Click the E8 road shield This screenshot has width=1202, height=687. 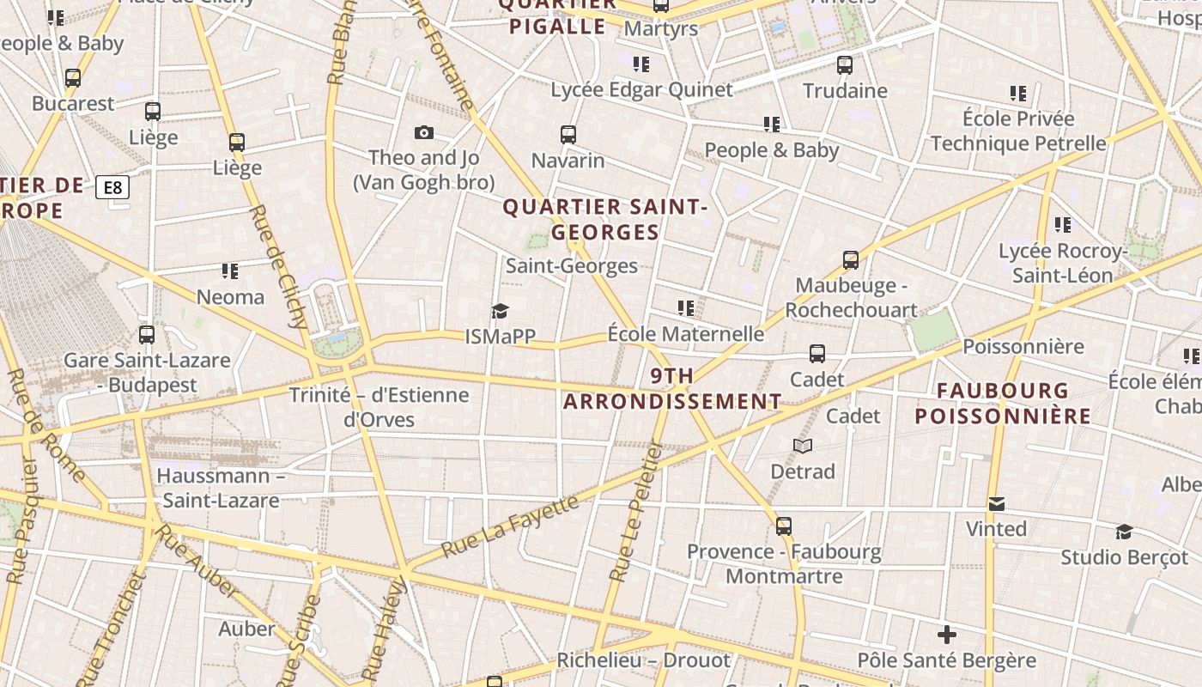112,187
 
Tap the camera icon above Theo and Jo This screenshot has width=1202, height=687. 423,132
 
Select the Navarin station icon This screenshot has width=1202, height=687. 568,135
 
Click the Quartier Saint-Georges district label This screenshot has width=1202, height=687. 604,220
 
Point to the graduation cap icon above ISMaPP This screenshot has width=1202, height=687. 500,311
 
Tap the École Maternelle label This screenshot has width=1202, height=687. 685,333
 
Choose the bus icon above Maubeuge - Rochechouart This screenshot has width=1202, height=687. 850,259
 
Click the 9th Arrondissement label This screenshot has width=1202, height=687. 672,389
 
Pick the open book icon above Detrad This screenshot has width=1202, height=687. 803,446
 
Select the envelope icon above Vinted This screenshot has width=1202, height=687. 996,503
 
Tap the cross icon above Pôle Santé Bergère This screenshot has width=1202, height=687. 947,635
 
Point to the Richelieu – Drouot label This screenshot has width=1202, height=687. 643,660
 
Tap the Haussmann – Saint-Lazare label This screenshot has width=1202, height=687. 221,488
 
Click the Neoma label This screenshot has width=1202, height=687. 230,297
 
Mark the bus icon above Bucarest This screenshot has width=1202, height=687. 73,78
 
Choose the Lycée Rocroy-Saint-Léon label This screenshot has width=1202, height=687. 1062,263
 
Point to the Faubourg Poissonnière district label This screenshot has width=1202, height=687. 1003,404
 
